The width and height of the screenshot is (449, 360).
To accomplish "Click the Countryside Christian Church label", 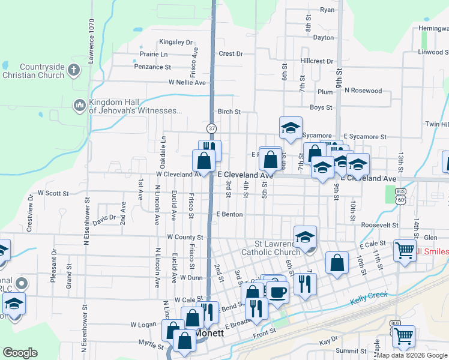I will click(x=33, y=71).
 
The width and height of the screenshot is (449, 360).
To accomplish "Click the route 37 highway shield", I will click(x=212, y=128).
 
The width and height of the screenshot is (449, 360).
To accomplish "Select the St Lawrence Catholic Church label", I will click(x=270, y=248).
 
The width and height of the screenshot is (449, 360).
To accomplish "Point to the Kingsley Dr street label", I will click(x=176, y=43).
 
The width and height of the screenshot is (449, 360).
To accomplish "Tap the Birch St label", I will click(x=229, y=112).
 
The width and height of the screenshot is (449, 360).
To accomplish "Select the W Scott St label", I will click(x=54, y=193).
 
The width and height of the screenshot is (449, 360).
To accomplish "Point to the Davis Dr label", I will click(x=104, y=218).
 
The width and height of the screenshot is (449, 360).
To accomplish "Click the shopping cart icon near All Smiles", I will click(x=405, y=250).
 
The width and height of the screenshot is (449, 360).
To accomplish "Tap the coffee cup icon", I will click(x=277, y=292).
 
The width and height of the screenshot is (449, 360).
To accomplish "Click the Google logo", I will click(x=20, y=352).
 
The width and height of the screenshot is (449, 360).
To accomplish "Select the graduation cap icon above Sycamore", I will click(x=291, y=127).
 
